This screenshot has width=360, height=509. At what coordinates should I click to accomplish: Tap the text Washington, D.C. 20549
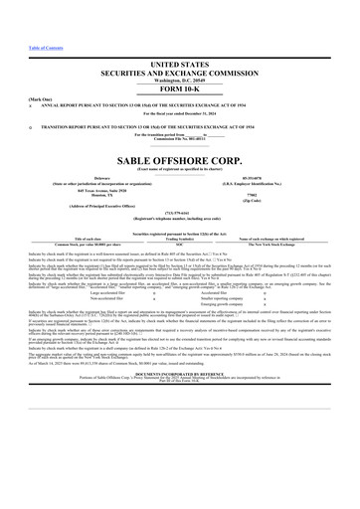point(179,78)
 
